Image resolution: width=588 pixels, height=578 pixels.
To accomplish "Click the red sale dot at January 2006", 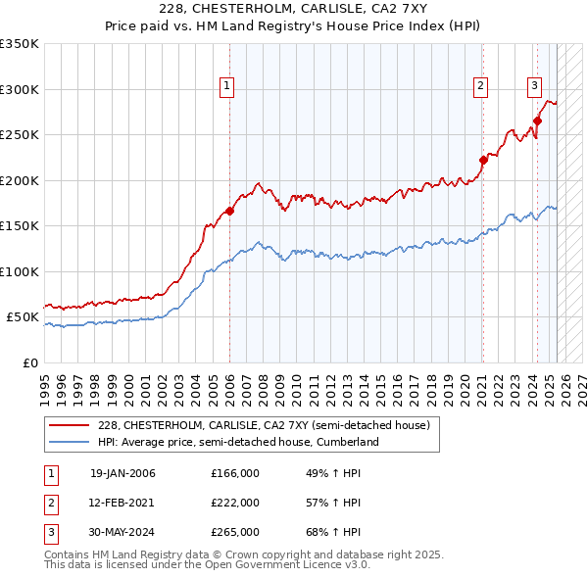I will click(x=229, y=211).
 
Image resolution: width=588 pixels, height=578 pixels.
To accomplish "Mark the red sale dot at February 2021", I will click(x=483, y=160).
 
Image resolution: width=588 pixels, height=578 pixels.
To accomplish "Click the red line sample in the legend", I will click(x=69, y=426).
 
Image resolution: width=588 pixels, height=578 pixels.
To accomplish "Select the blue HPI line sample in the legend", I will click(x=69, y=443).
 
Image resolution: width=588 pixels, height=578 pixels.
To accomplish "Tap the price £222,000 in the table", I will click(x=235, y=503).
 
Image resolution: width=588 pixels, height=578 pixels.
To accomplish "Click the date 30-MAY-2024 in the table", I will click(x=122, y=532).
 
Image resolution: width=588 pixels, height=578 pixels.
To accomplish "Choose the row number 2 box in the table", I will click(x=50, y=503).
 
